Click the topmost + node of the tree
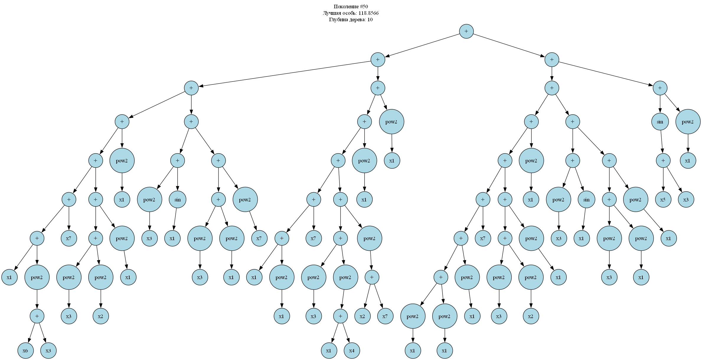coord(466,31)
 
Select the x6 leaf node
coord(25,351)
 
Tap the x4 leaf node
coord(352,351)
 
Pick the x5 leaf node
coord(663,200)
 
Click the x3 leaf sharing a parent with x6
coord(48,351)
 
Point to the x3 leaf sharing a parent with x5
coord(686,200)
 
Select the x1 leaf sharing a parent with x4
coord(329,351)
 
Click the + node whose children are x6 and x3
coord(37,316)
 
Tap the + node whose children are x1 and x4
coord(340,316)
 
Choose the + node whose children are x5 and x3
coord(663,161)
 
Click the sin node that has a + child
coord(660,122)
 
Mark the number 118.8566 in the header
coord(368,13)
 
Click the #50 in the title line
coord(364,6)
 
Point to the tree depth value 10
coord(370,20)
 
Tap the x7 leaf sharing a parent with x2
coord(385,316)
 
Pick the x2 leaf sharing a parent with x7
coord(363,316)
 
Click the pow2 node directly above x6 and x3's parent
coord(37,277)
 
